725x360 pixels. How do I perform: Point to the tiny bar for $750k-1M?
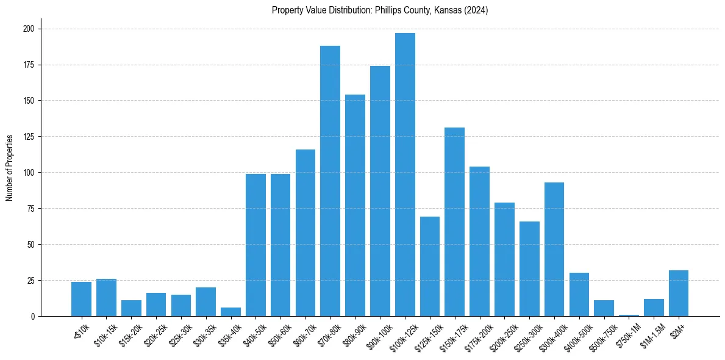pos(629,315)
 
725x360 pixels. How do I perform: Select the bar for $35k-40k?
pos(230,312)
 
